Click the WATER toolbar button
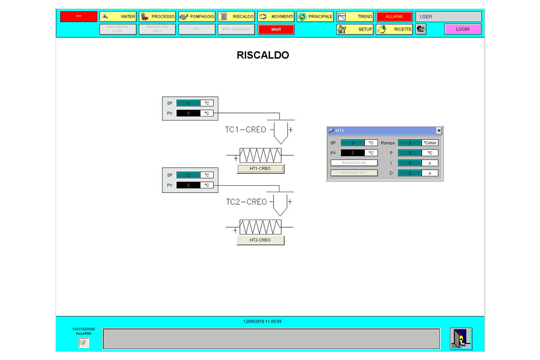118,17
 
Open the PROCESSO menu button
157,17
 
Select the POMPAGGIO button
197,17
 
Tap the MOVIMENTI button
276,17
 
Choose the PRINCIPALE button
315,17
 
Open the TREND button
355,17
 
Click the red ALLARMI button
394,17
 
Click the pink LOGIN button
462,29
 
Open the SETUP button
355,29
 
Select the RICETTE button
394,29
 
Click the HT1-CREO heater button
260,169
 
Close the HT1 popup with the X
439,130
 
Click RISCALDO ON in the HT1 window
354,163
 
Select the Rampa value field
409,143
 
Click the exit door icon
461,339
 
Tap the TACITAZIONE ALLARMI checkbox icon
84,343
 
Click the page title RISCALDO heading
263,55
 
